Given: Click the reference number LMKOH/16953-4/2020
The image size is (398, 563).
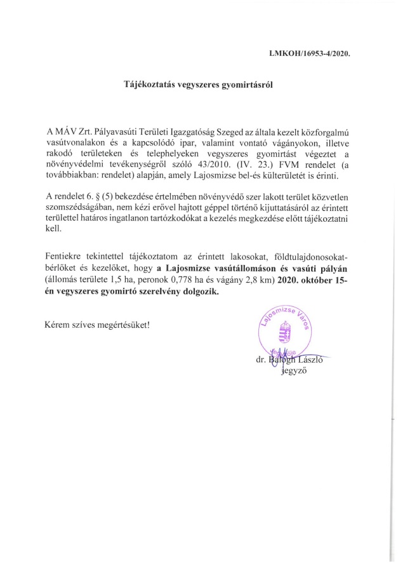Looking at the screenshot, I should (x=310, y=54).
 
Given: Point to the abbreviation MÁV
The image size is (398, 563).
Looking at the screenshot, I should (x=66, y=130).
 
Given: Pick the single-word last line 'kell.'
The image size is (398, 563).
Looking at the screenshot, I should (x=53, y=231).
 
